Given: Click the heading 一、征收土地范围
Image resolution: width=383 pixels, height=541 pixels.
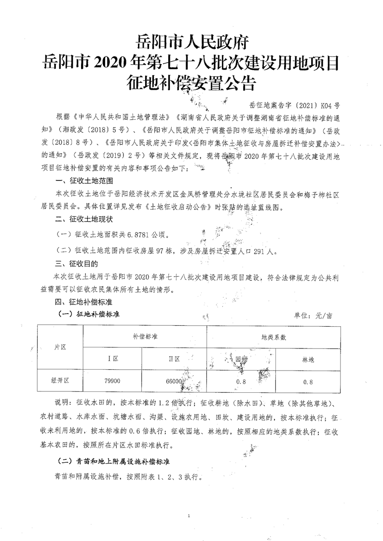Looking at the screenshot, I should [x=84, y=181].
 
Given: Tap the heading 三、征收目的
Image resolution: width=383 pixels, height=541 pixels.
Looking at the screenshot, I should [x=77, y=264].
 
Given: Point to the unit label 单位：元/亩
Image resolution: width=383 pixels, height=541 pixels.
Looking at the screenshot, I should [x=313, y=316].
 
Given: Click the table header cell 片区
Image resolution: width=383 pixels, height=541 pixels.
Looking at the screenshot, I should [x=60, y=347].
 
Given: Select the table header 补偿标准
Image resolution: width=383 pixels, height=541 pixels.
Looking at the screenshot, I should [x=145, y=336].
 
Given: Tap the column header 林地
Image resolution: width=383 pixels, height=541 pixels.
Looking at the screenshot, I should [x=308, y=360].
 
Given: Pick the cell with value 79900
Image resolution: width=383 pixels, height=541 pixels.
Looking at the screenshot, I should [x=112, y=381].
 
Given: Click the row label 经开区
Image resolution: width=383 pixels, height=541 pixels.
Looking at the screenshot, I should [x=60, y=381].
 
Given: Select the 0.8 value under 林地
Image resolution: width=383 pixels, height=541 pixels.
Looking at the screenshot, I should [x=308, y=382].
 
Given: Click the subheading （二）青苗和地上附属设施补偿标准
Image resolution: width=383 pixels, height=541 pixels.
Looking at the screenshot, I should [x=113, y=460].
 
